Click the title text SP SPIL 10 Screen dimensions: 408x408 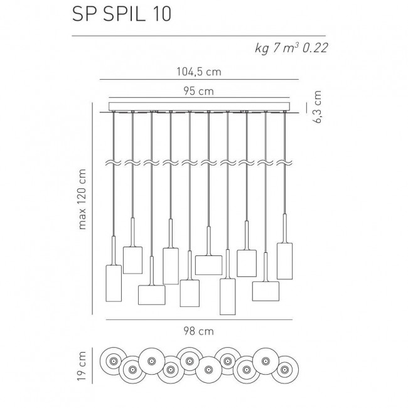coord(122,14)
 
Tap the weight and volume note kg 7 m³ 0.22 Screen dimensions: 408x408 coord(291,48)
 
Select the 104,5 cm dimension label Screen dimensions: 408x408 coord(199,72)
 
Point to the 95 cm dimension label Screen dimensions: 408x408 coord(199,91)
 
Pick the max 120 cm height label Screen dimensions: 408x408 coord(82,199)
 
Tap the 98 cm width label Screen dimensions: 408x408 coord(199,331)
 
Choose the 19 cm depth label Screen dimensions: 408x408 coord(82,365)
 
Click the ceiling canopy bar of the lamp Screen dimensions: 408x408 coord(199,106)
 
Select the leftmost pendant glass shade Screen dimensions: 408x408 coord(114,283)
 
